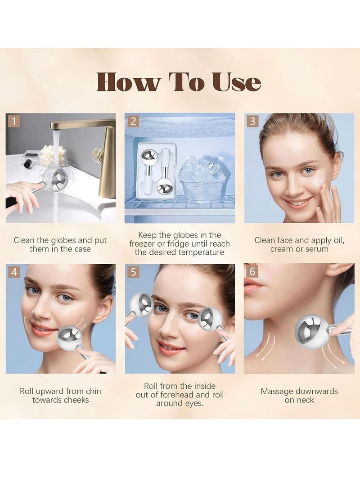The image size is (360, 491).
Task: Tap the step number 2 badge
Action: (133, 121)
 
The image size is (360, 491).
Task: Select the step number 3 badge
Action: (252, 121)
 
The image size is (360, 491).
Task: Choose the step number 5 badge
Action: (133, 272)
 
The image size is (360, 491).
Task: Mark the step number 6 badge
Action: (252, 272)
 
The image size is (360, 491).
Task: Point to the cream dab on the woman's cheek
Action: (319, 182)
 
